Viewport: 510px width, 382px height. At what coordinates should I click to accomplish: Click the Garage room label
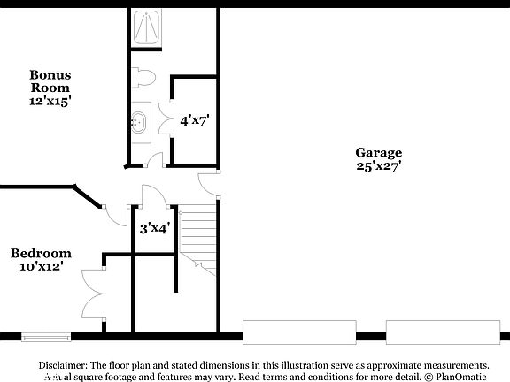[379, 152]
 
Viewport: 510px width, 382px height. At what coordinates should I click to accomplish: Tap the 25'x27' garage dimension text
[379, 165]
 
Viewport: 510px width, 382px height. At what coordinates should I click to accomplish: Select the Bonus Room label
[50, 81]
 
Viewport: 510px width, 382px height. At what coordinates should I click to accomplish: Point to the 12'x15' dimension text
[50, 101]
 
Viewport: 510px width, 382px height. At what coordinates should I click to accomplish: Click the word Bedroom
[41, 254]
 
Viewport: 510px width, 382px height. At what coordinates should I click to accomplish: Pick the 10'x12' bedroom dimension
[41, 266]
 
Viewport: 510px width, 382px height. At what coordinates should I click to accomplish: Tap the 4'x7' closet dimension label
[195, 119]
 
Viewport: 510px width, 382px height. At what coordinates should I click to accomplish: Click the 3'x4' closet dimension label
[155, 227]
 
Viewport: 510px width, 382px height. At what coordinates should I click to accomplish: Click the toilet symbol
[144, 78]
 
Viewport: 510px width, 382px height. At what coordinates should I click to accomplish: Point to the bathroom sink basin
[140, 121]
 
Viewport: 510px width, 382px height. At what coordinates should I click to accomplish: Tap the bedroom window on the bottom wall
[45, 336]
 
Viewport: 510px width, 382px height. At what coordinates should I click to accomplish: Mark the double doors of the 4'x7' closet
[165, 120]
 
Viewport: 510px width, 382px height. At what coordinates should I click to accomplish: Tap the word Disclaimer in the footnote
[62, 364]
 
